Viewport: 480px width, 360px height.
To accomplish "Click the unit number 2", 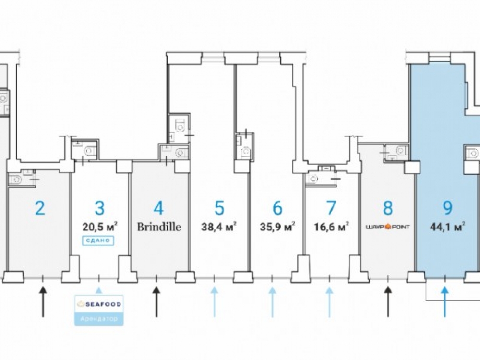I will [x=40, y=208].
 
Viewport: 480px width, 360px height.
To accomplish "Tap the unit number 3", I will [x=99, y=208].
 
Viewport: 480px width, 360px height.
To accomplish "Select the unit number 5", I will [x=219, y=208].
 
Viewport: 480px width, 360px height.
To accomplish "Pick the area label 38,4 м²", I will [x=219, y=227].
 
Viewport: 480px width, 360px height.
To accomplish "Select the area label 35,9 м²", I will [x=277, y=227].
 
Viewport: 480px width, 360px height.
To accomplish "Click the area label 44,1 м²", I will [x=447, y=227].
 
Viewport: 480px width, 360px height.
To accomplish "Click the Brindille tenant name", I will [x=159, y=227].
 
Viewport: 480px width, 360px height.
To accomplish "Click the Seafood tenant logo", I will [x=99, y=304].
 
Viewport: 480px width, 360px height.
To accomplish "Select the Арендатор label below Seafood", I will [x=99, y=318].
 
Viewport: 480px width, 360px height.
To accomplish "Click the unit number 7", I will [x=330, y=208].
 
